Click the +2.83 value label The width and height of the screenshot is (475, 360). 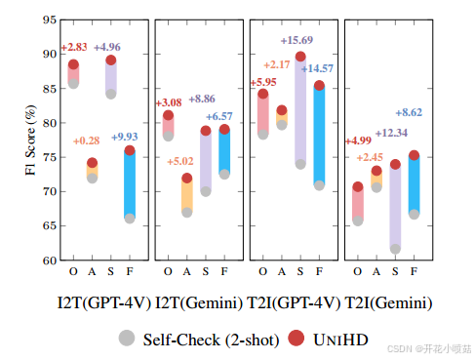pyautogui.click(x=75, y=47)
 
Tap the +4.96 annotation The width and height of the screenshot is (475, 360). pyautogui.click(x=107, y=47)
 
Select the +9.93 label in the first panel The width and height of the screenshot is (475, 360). pyautogui.click(x=126, y=136)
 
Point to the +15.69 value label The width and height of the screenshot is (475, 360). pyautogui.click(x=297, y=40)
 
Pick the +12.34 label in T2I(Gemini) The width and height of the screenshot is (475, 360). pyautogui.click(x=391, y=133)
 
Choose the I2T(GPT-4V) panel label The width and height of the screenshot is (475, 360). pyautogui.click(x=102, y=303)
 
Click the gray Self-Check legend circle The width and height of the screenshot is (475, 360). pyautogui.click(x=127, y=338)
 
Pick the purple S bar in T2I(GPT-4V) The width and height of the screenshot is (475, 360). pyautogui.click(x=300, y=110)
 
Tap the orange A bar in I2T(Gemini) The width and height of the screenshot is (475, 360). pyautogui.click(x=186, y=195)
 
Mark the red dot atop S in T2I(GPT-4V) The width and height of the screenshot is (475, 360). pyautogui.click(x=300, y=58)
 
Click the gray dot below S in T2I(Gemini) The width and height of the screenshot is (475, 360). pyautogui.click(x=395, y=249)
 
